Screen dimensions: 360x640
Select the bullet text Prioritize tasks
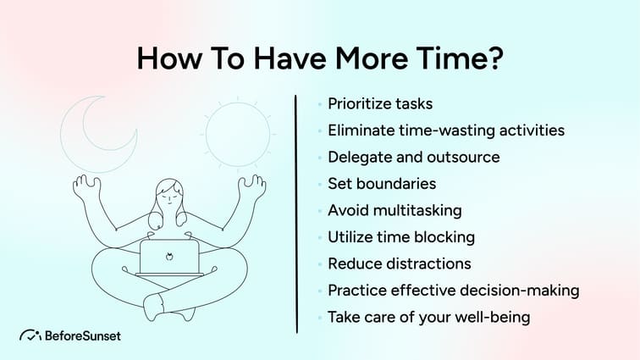click(380, 104)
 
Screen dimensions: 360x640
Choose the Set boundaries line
click(382, 183)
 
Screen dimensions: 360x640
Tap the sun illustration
click(231, 135)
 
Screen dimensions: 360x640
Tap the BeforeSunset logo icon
click(31, 335)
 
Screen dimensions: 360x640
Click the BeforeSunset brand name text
click(83, 335)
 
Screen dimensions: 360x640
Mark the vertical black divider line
click(296, 212)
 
